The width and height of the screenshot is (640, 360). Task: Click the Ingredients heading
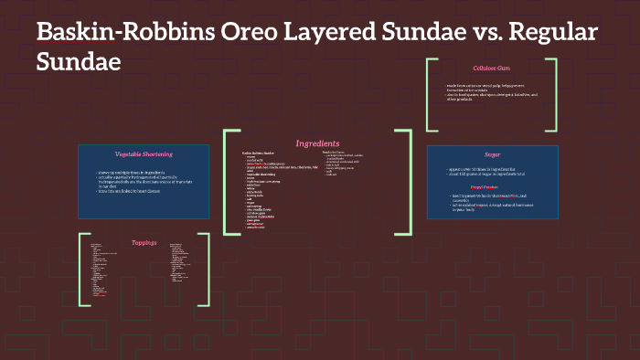[317, 143]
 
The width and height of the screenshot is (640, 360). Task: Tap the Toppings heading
[145, 243]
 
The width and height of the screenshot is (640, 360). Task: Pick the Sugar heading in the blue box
[492, 154]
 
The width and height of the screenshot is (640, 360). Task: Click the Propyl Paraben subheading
[492, 187]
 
